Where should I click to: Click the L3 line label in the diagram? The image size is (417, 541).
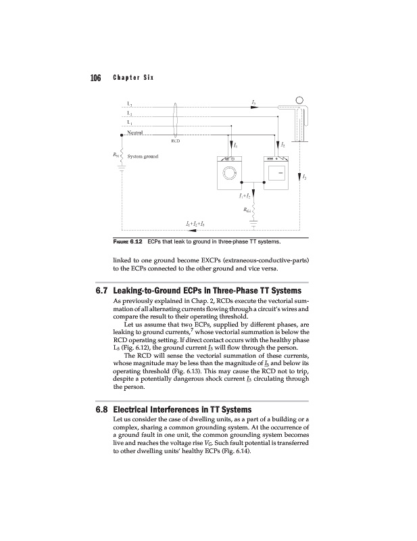click(x=130, y=122)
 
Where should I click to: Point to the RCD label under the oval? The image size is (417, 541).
click(x=175, y=141)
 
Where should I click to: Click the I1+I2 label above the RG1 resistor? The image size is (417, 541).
click(x=245, y=195)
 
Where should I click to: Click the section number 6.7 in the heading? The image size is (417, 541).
click(x=102, y=290)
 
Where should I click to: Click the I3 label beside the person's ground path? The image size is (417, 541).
click(x=306, y=177)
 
